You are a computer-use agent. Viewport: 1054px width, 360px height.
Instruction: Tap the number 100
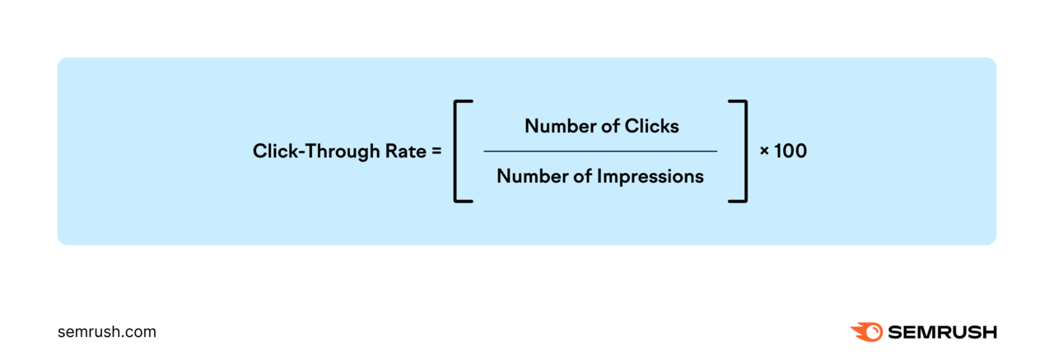(x=790, y=152)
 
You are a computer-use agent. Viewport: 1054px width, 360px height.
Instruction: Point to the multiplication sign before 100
(x=764, y=152)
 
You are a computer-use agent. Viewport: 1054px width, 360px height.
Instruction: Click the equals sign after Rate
(x=436, y=152)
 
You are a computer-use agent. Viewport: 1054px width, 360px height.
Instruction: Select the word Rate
(x=404, y=152)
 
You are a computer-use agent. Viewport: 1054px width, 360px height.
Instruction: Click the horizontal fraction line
(x=600, y=151)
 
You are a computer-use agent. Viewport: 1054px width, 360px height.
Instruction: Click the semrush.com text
(x=107, y=332)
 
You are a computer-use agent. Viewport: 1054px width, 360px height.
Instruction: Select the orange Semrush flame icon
(x=866, y=332)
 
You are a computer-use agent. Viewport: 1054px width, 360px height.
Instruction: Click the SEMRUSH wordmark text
(x=942, y=332)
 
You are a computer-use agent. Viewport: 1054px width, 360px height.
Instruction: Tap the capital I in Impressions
(x=599, y=175)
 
